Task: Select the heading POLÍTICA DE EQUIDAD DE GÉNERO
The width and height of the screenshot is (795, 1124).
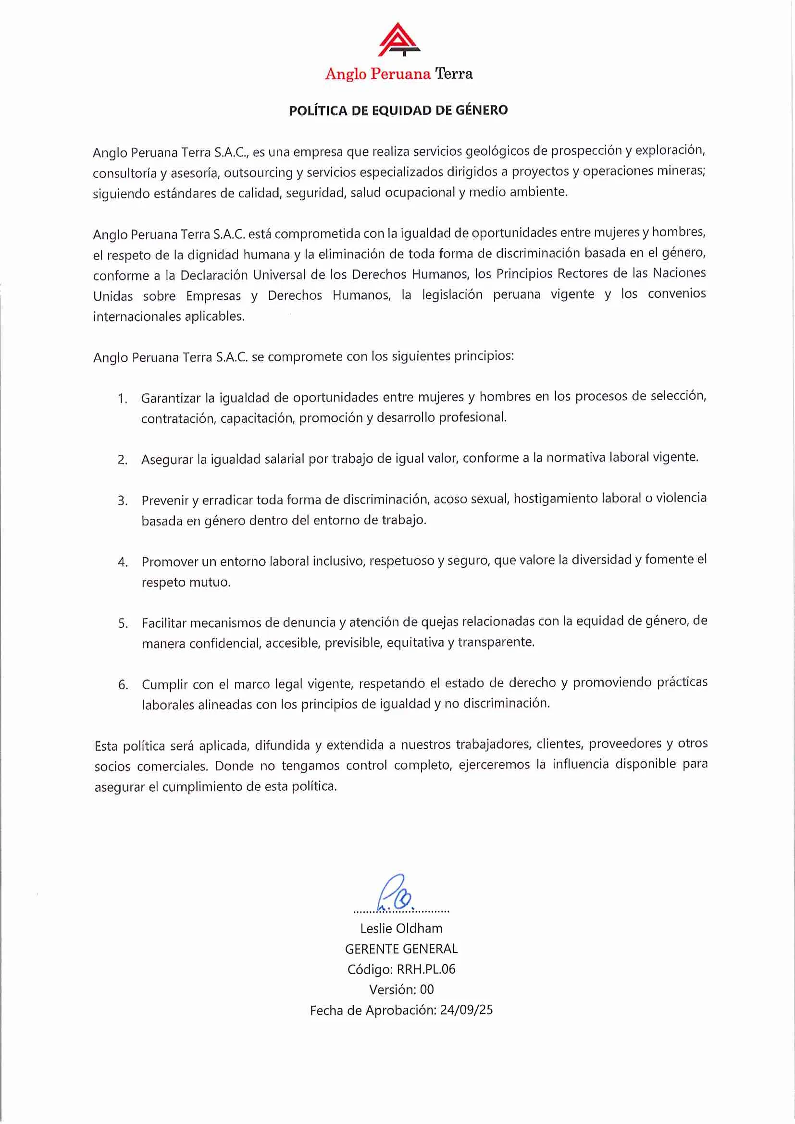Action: pos(398,110)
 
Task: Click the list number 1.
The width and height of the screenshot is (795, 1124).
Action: pos(122,399)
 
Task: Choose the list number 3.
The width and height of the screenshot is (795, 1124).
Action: pos(123,501)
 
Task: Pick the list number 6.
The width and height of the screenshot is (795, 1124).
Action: pos(123,684)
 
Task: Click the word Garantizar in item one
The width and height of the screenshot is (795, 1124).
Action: pos(171,398)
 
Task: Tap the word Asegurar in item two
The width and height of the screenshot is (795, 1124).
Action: pos(167,459)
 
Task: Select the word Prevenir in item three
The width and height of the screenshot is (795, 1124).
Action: pos(164,500)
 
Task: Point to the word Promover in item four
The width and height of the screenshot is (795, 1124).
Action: pos(169,562)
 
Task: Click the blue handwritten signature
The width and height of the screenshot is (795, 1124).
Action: pos(395,895)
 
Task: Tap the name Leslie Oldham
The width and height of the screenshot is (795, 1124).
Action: pos(401,928)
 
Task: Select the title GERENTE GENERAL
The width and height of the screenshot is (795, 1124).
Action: pos(401,949)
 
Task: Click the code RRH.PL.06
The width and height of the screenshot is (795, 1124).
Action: pos(426,969)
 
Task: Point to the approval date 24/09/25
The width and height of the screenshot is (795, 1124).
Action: pos(466,1010)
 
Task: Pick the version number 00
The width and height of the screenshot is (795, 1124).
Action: pos(427,990)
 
